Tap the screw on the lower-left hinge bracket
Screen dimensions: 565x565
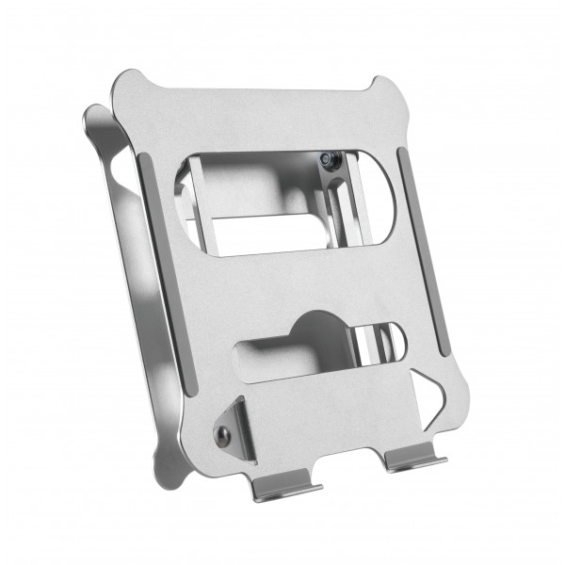[223, 434]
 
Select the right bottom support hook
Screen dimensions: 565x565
[413, 460]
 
